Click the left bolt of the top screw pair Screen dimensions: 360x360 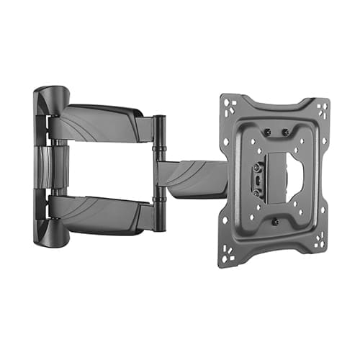(269, 132)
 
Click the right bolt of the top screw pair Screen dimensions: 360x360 (285, 132)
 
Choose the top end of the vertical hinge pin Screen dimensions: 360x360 (159, 119)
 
